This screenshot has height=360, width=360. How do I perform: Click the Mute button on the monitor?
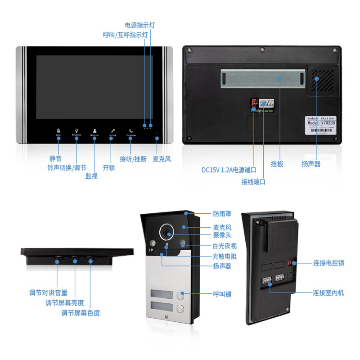point(58,131)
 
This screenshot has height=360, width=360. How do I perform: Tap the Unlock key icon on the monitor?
point(112,131)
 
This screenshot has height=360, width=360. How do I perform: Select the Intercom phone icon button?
point(131,131)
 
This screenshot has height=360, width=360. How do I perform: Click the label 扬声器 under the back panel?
point(311,164)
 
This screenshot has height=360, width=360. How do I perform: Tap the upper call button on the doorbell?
point(181,296)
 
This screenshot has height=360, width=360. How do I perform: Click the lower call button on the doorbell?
point(181,309)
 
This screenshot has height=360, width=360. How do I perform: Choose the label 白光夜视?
point(225,246)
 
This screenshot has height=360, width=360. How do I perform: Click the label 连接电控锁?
point(328,263)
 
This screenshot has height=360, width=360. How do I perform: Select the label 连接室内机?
point(328,292)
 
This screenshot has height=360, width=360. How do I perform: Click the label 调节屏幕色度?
point(81,313)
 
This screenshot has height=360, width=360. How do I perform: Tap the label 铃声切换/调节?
point(66,167)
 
